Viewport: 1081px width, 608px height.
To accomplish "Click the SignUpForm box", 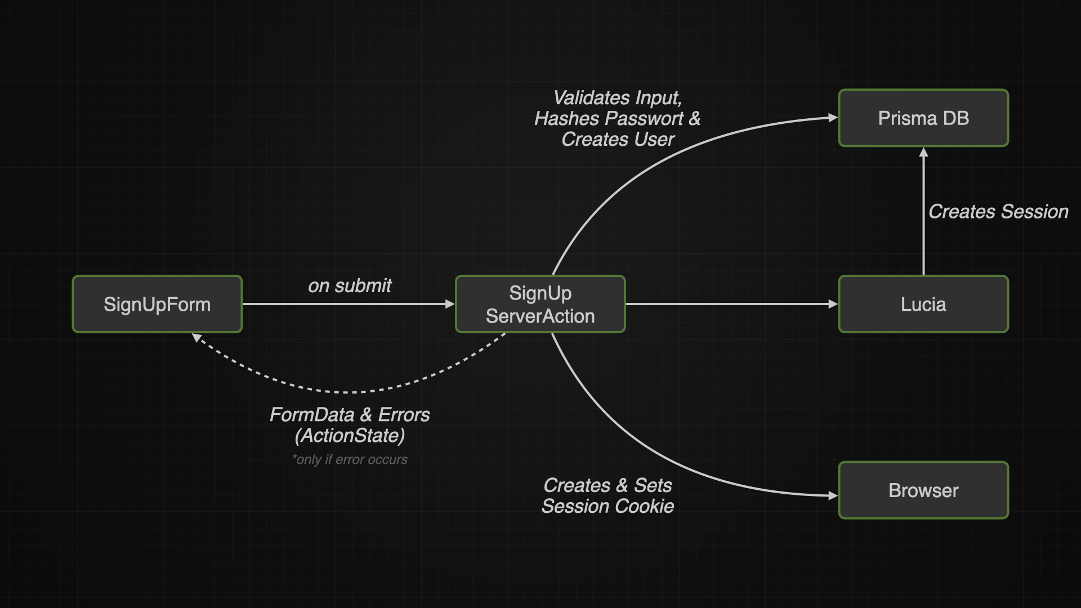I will click(157, 304).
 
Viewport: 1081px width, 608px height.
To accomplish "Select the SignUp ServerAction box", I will click(540, 304).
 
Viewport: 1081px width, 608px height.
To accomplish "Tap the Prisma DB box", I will click(923, 118).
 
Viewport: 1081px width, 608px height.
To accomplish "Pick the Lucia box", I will click(923, 304).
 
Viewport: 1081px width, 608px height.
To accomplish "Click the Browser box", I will click(923, 490).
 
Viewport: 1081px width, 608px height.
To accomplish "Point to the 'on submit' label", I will click(350, 286).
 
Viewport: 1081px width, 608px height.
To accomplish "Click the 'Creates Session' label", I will click(998, 212).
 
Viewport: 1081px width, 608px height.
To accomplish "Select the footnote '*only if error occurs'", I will click(350, 459).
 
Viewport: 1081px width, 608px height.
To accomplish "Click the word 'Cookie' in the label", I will click(645, 507).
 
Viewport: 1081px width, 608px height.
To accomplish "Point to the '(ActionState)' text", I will click(350, 436).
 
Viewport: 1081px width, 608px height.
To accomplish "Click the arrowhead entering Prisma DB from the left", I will click(833, 118).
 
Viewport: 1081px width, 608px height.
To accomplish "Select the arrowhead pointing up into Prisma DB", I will click(923, 153).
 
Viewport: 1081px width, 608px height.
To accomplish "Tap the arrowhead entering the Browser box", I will click(833, 496).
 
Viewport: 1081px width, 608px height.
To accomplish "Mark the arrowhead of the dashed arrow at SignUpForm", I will click(196, 338).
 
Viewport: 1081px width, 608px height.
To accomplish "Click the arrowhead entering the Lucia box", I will click(833, 304).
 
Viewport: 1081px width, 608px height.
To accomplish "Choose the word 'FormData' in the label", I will click(312, 415).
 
